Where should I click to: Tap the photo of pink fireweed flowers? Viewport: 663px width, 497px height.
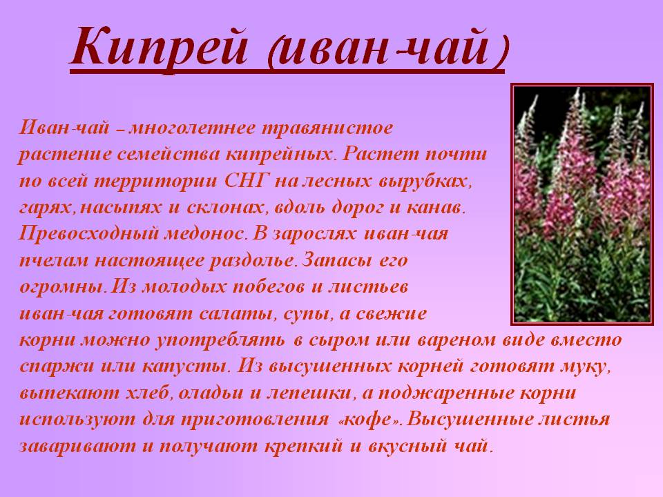coord(583,204)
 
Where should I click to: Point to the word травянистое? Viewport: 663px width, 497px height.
coord(327,128)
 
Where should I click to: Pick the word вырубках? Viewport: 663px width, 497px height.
coord(424,182)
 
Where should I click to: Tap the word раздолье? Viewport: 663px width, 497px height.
coord(252,261)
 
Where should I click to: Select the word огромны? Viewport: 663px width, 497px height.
coord(61,288)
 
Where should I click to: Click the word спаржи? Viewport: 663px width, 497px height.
coord(57,367)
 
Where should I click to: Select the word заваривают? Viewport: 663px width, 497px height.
coord(77,447)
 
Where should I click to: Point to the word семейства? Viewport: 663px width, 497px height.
coord(169,155)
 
